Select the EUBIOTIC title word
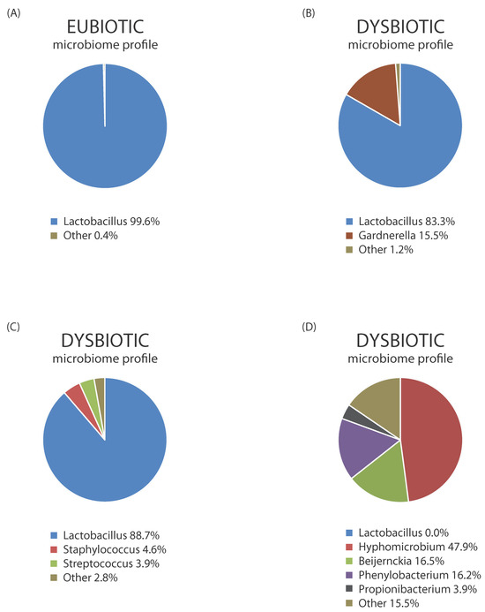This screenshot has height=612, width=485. click(x=104, y=26)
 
